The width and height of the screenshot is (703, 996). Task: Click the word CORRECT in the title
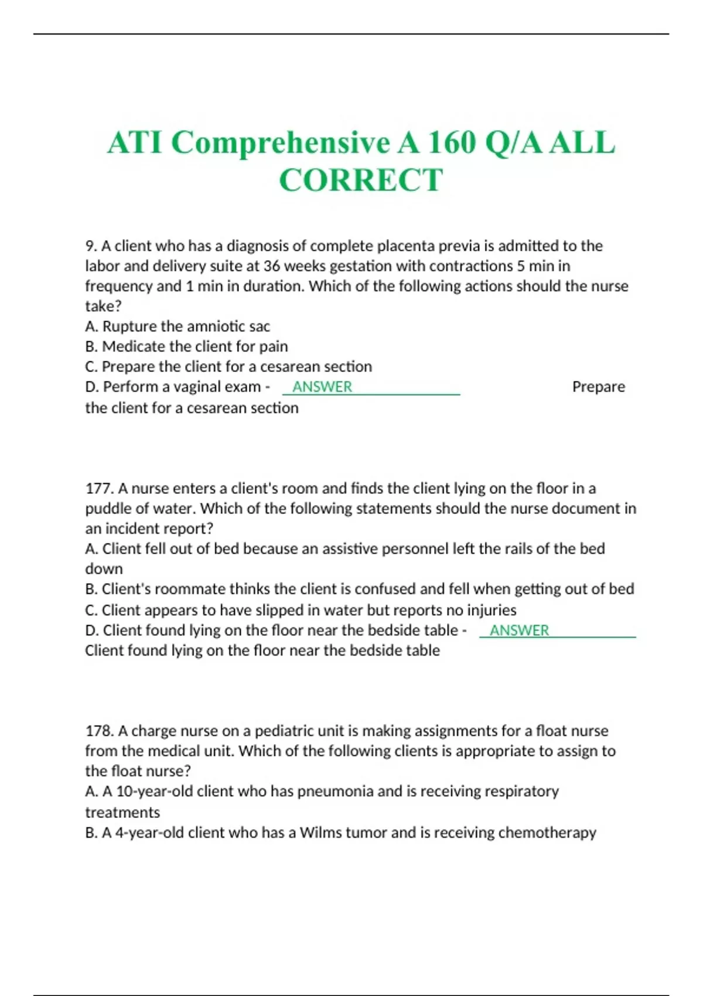click(x=361, y=180)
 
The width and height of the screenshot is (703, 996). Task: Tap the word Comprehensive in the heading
click(x=281, y=142)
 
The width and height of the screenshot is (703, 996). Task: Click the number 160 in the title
click(x=451, y=142)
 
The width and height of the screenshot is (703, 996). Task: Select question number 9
click(x=90, y=246)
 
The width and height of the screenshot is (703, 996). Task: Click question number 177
click(x=98, y=489)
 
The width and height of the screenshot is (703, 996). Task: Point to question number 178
click(x=98, y=731)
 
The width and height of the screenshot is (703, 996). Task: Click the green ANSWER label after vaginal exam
click(x=322, y=387)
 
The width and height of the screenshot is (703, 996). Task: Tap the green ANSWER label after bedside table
click(x=519, y=630)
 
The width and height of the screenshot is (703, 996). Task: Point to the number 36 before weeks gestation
click(x=271, y=267)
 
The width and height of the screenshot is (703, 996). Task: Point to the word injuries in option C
click(x=492, y=610)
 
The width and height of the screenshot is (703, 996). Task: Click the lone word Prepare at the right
click(x=598, y=387)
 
